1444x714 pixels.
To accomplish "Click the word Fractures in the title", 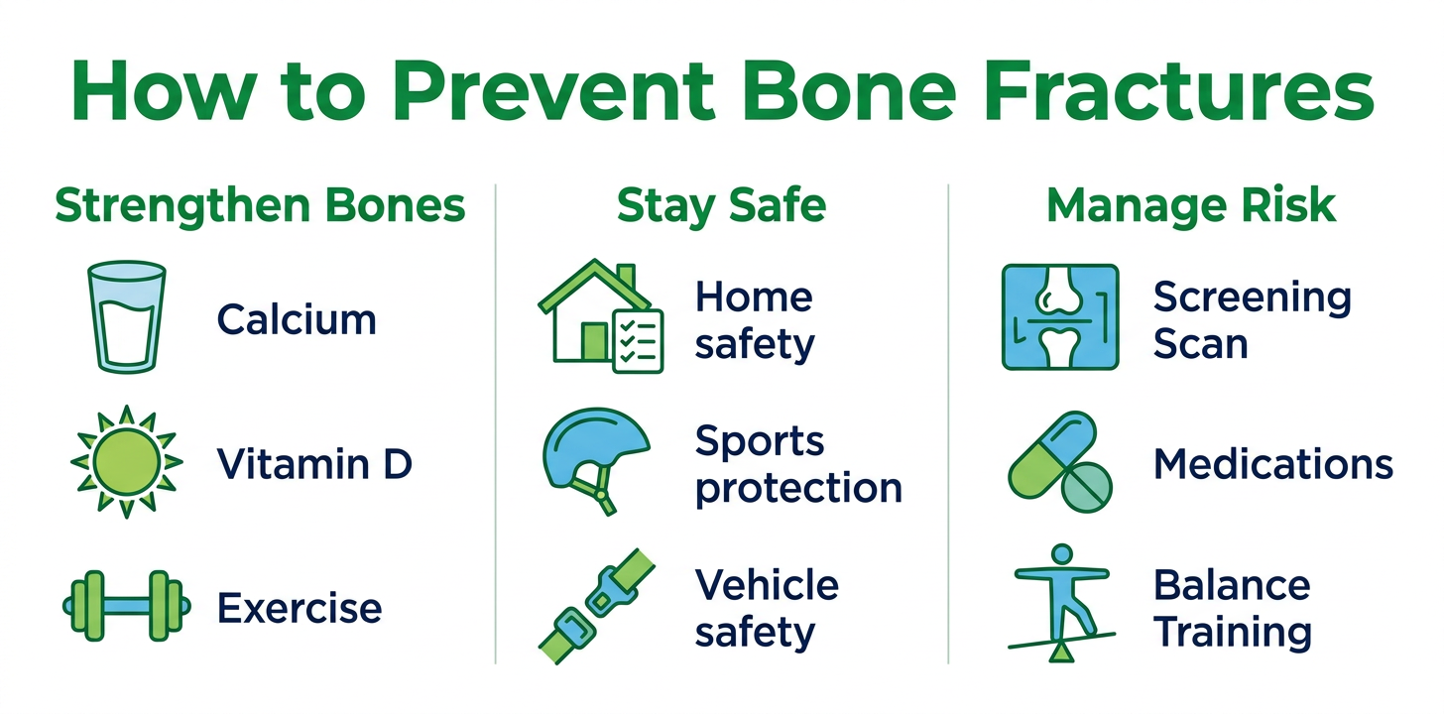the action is coord(1179,91).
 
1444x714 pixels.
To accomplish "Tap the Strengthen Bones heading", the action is coord(260,206).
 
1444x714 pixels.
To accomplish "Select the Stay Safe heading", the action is coord(721,206).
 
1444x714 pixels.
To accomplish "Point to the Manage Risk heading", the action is coord(1191,206).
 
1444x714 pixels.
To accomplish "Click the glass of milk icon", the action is coord(126,316).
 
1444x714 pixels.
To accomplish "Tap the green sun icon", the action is coord(126,461).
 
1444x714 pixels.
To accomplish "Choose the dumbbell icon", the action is coord(126,606).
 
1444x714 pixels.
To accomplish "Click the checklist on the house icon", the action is coord(638,341).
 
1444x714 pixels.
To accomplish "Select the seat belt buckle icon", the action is coord(596,606).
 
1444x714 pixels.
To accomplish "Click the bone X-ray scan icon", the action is coord(1060,316).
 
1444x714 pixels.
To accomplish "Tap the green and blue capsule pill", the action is coord(1051,455).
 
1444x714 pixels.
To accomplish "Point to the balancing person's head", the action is coord(1062,554).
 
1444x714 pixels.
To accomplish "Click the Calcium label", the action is coord(297,319).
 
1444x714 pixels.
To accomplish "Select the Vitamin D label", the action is coord(314,464).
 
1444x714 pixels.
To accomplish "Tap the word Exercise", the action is coord(300,608).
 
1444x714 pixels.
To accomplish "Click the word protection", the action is coord(798,489).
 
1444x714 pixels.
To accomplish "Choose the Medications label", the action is coord(1273,464).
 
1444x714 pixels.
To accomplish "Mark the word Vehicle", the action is coord(768,584).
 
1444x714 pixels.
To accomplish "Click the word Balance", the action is coord(1232,584).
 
